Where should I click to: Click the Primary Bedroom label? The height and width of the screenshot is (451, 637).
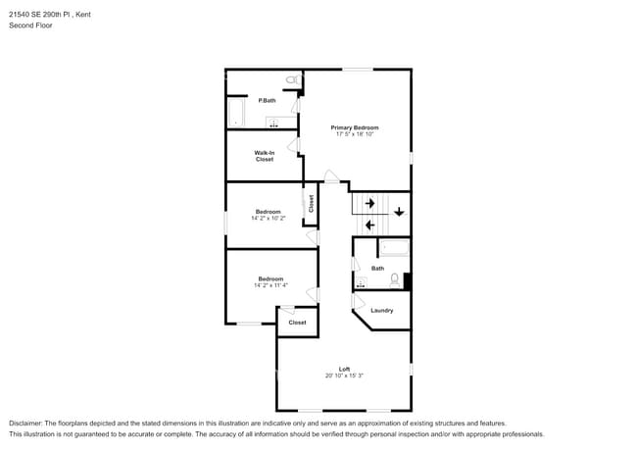pyautogui.click(x=354, y=127)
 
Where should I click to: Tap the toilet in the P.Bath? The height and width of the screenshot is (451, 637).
pyautogui.click(x=291, y=78)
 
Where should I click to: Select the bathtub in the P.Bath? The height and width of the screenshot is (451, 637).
pyautogui.click(x=234, y=113)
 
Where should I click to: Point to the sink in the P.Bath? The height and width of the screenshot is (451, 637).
pyautogui.click(x=275, y=124)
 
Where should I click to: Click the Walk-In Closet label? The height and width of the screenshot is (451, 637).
pyautogui.click(x=265, y=156)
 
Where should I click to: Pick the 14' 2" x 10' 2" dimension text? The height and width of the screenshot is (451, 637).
pyautogui.click(x=269, y=219)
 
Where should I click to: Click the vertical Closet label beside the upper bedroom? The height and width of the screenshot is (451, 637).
pyautogui.click(x=311, y=203)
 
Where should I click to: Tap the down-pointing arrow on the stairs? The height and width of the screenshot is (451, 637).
pyautogui.click(x=399, y=212)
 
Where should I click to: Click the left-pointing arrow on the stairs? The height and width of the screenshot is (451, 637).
pyautogui.click(x=369, y=225)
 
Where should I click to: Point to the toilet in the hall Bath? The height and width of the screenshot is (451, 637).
pyautogui.click(x=395, y=280)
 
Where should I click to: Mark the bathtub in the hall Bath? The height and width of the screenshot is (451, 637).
pyautogui.click(x=393, y=248)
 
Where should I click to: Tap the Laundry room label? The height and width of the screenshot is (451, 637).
pyautogui.click(x=381, y=311)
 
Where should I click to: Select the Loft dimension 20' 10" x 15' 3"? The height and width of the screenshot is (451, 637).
pyautogui.click(x=344, y=376)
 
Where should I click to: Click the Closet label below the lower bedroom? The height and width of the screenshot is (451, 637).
pyautogui.click(x=297, y=322)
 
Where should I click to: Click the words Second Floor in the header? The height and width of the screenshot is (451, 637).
pyautogui.click(x=30, y=25)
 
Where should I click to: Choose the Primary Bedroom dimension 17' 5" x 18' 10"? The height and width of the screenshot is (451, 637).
pyautogui.click(x=354, y=134)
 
